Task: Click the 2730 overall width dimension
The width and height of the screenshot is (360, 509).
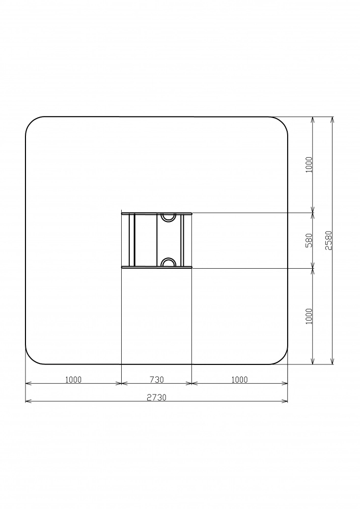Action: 156,398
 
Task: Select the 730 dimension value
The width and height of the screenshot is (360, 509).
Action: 156,379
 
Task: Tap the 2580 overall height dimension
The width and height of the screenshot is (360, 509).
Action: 328,240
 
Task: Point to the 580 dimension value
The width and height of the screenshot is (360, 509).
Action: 309,240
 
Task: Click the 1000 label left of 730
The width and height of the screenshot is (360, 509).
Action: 73,379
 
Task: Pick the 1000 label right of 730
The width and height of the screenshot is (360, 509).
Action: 239,379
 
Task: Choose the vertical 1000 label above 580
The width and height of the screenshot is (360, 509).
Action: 309,164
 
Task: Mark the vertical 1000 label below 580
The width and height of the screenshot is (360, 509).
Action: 309,316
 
